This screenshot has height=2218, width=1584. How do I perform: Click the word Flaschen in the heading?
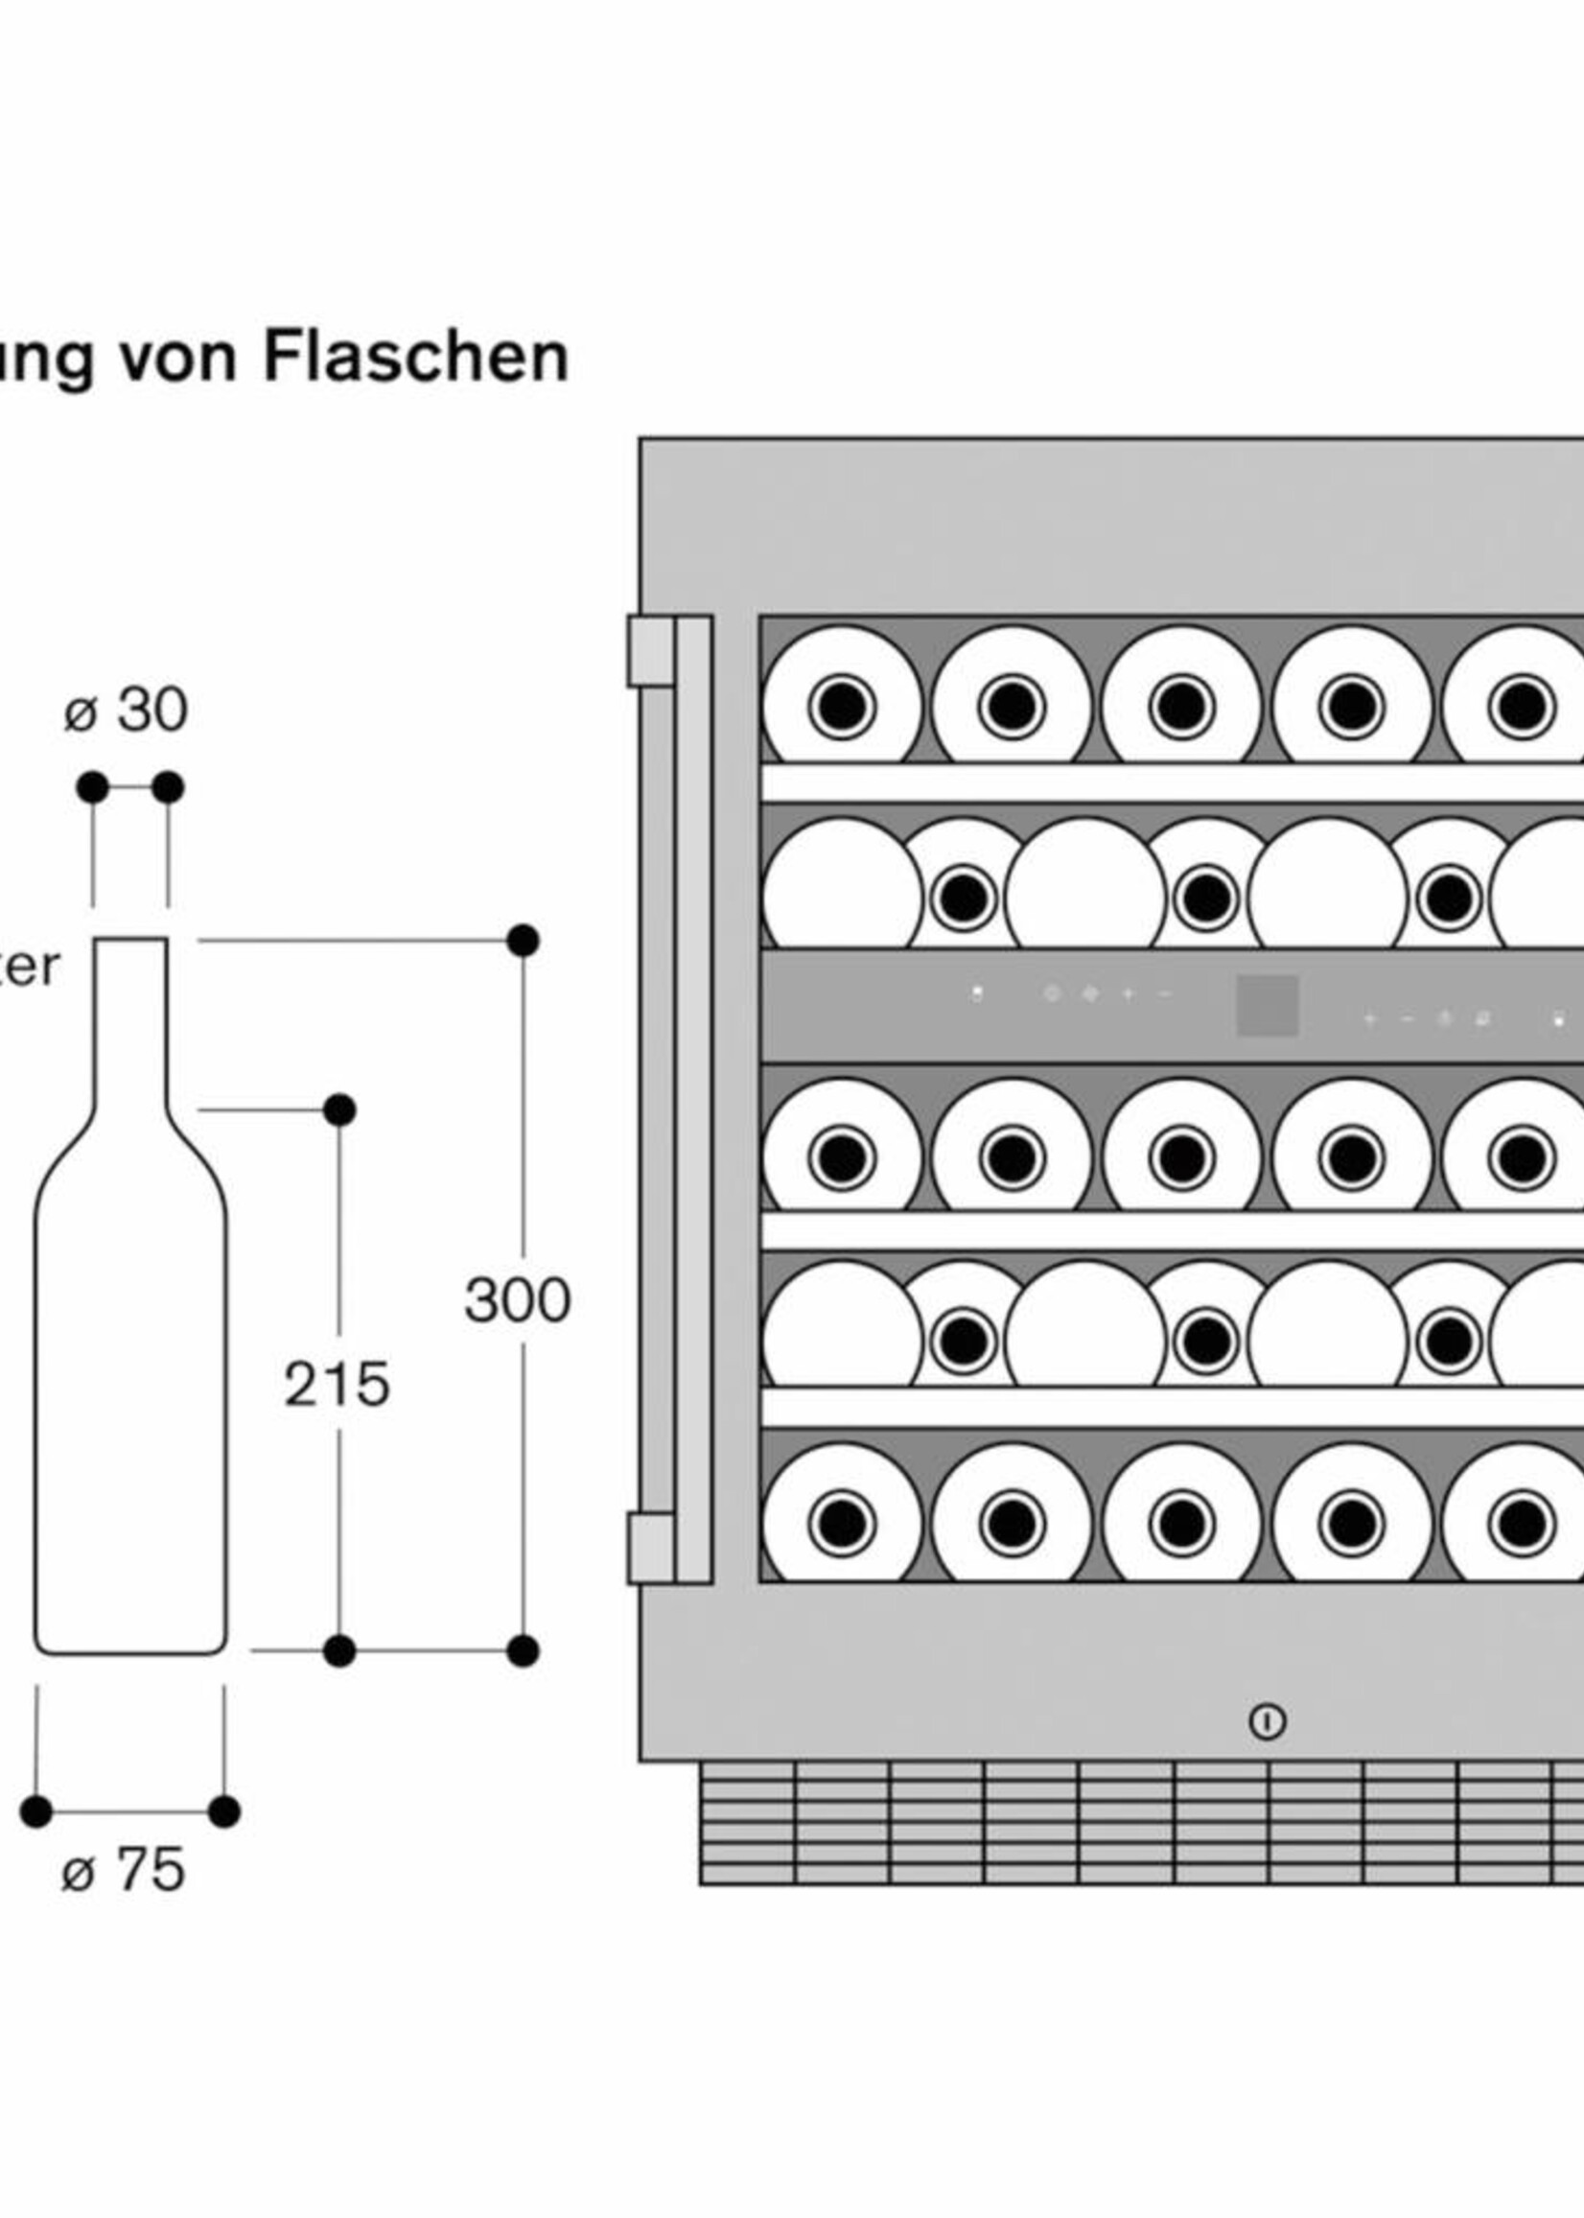coord(415,357)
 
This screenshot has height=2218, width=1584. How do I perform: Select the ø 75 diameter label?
coord(124,1870)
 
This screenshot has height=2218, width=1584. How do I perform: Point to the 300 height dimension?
coord(517,1300)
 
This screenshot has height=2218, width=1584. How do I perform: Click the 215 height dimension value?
coord(337,1384)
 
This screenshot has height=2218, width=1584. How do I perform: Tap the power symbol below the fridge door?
coord(1267,1721)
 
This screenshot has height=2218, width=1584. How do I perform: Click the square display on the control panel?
coord(1267,1006)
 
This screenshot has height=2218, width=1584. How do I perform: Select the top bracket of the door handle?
coord(650,650)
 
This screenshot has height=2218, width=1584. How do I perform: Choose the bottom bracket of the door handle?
coord(650,1548)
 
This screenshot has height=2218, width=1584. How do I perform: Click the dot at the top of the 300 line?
coord(524,942)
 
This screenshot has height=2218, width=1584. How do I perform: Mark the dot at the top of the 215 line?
coord(339,1110)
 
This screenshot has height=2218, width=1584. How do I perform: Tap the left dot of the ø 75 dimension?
coord(36,1811)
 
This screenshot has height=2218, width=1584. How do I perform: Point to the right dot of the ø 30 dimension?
coord(168,787)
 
